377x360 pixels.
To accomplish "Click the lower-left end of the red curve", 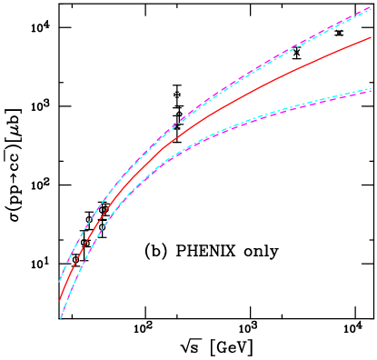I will pos(60,300).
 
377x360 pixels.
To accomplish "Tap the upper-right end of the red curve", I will pos(372,37).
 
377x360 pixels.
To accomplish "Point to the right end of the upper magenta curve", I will pos(372,8).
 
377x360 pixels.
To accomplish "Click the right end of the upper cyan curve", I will pos(372,7).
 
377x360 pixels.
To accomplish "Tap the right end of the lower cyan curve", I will pos(372,88).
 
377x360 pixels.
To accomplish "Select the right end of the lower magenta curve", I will pos(372,91).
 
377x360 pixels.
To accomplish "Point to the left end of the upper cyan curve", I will pos(60,281).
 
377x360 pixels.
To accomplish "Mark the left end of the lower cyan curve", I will pos(61,318).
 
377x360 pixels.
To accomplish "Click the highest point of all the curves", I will pos(372,7).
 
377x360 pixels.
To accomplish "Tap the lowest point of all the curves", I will pos(61,319).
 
